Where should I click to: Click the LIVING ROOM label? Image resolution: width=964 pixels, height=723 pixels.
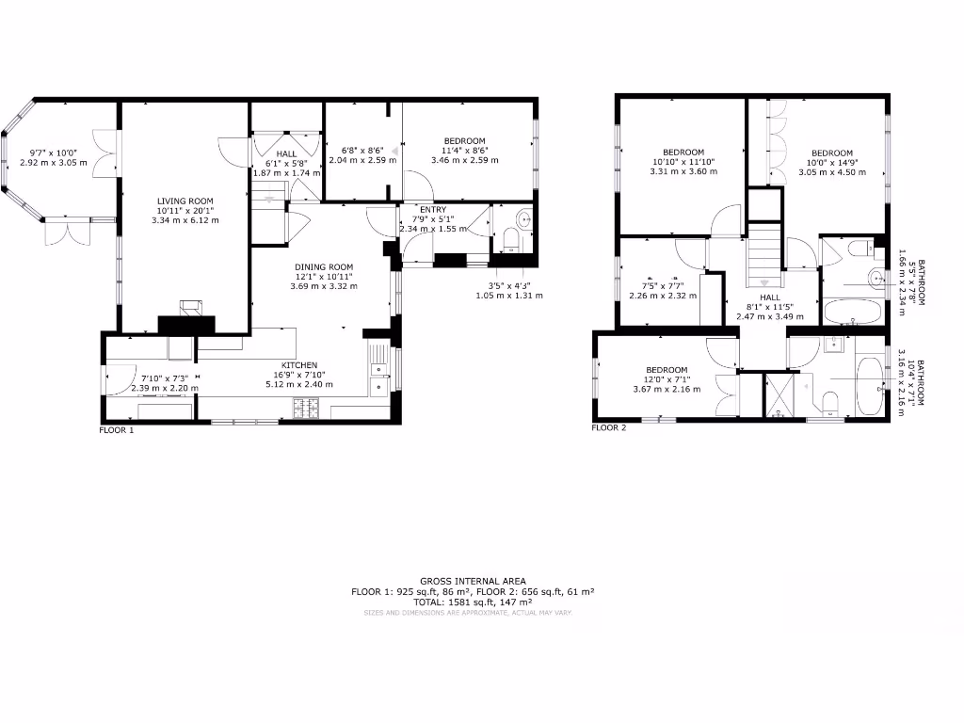pos(185,201)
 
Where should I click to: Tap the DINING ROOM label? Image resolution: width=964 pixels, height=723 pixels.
pos(324,267)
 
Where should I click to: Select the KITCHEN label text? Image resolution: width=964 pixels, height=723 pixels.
pos(299,365)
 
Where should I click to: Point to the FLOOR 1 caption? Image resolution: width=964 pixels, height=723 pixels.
pos(117,429)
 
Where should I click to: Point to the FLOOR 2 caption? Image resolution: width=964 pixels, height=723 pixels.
pos(608,427)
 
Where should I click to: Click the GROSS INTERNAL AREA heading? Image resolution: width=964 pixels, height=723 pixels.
pos(473,582)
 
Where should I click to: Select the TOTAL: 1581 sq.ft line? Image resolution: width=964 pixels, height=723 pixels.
pos(473,602)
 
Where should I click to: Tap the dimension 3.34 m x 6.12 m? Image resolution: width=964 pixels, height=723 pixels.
pos(185,220)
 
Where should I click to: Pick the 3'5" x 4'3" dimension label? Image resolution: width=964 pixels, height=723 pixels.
pos(509,285)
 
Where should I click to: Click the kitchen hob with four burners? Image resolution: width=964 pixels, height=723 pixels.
pos(308,409)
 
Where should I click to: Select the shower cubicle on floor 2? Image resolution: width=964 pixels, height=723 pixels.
pos(779,394)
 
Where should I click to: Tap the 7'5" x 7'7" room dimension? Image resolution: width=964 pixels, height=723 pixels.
pos(663,286)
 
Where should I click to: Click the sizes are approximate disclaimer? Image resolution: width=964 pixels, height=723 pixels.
pos(468,613)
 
